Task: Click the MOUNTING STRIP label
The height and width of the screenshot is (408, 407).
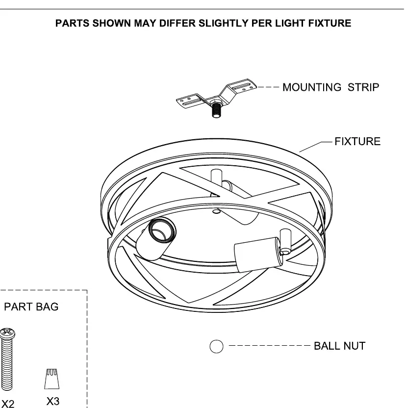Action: coord(331,87)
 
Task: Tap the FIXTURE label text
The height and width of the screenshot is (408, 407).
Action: coord(357,142)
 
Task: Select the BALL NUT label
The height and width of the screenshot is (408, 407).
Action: coord(340,346)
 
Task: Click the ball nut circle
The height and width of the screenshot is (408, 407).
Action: coord(216,346)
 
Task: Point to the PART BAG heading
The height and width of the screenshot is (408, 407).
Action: coord(31,307)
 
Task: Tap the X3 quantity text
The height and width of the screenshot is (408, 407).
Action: coord(53,401)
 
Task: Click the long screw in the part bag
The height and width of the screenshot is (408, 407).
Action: coord(7,359)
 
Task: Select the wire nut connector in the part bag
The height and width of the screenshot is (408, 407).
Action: coord(52,379)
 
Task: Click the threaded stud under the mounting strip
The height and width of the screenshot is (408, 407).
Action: coord(216,110)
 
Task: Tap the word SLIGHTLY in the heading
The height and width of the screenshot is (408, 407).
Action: coord(224,23)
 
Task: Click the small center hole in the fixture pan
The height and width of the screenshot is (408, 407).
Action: coord(217,211)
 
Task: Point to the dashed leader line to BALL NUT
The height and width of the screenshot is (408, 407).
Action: coord(269,346)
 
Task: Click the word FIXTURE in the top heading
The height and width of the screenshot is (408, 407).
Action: coord(330,23)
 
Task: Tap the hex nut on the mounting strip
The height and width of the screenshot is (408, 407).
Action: coord(216,102)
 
